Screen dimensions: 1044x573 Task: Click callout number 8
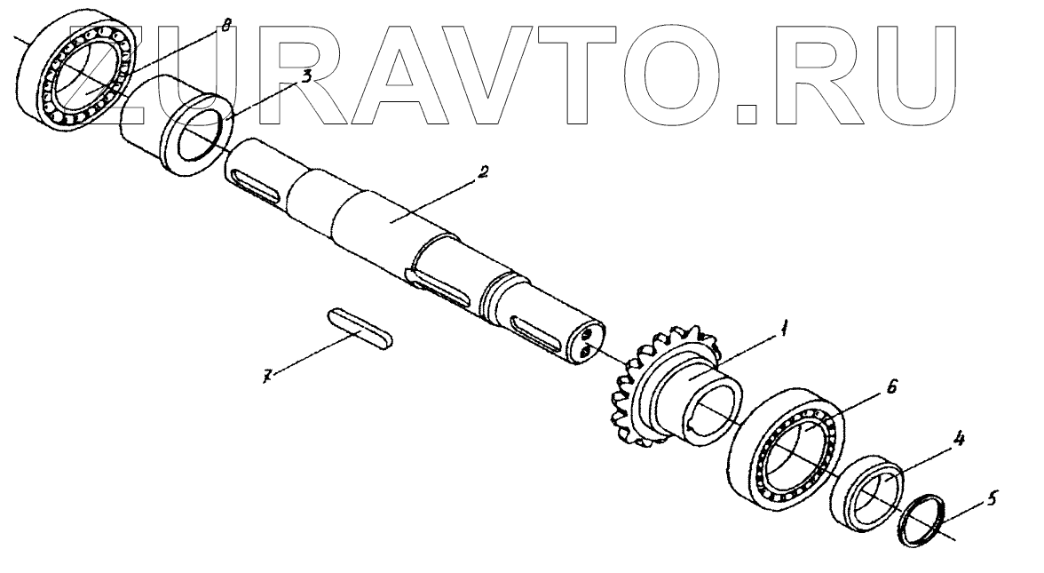225,28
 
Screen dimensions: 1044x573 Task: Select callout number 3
305,76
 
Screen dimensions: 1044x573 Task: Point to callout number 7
265,377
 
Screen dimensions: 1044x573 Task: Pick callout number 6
892,387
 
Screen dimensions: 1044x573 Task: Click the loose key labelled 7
359,330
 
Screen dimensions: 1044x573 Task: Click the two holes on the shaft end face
586,343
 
